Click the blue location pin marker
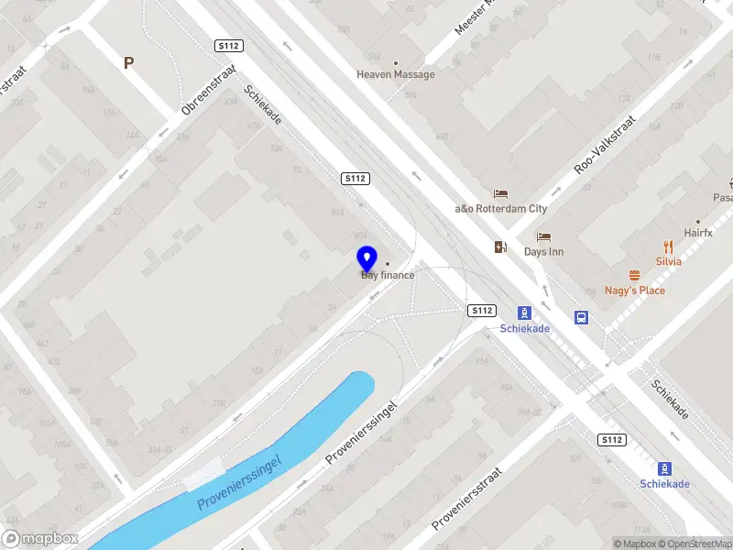click(366, 258)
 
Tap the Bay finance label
click(388, 275)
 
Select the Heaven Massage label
click(396, 74)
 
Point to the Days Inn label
click(543, 251)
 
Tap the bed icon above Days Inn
click(543, 236)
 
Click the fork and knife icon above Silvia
click(668, 246)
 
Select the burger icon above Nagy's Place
click(634, 275)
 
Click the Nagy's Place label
click(635, 291)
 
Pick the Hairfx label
click(697, 234)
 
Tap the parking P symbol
click(129, 62)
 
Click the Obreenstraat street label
click(209, 89)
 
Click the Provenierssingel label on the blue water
click(251, 482)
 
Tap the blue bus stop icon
click(581, 318)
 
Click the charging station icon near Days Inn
click(500, 247)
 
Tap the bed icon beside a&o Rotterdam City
click(500, 193)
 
